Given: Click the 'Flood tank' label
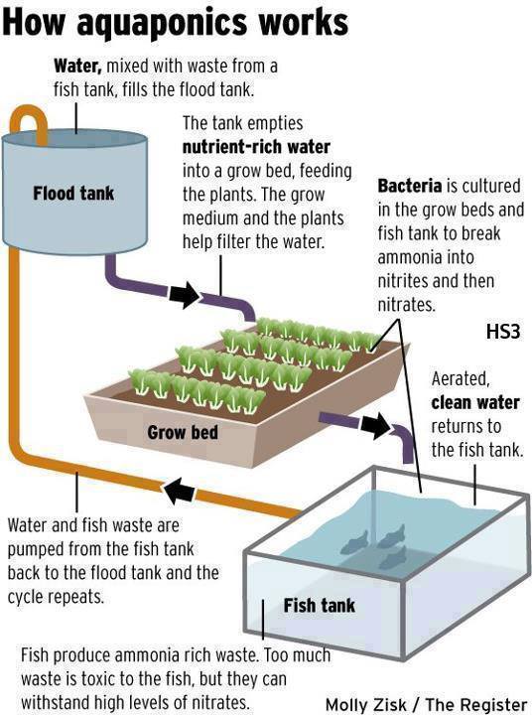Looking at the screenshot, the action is point(73,194).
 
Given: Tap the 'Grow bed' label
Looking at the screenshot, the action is point(183,432).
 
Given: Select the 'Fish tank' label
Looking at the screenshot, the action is point(320,606).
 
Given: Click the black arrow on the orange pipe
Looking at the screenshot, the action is point(180,492).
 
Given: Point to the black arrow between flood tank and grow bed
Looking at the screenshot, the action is point(185,295).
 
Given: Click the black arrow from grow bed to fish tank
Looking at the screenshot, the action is point(376,425).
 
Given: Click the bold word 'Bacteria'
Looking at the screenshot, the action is point(409,186).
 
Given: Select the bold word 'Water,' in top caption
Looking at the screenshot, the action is point(77,67).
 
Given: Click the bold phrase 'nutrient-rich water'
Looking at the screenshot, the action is point(256,147).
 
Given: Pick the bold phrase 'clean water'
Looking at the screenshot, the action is point(475,402).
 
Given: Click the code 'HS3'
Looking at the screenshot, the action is point(503,331).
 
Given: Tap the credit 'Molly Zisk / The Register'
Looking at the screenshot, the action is point(426,704).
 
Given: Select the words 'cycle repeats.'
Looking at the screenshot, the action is point(56,597).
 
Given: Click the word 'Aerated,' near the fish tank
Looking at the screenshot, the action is point(461,379).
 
